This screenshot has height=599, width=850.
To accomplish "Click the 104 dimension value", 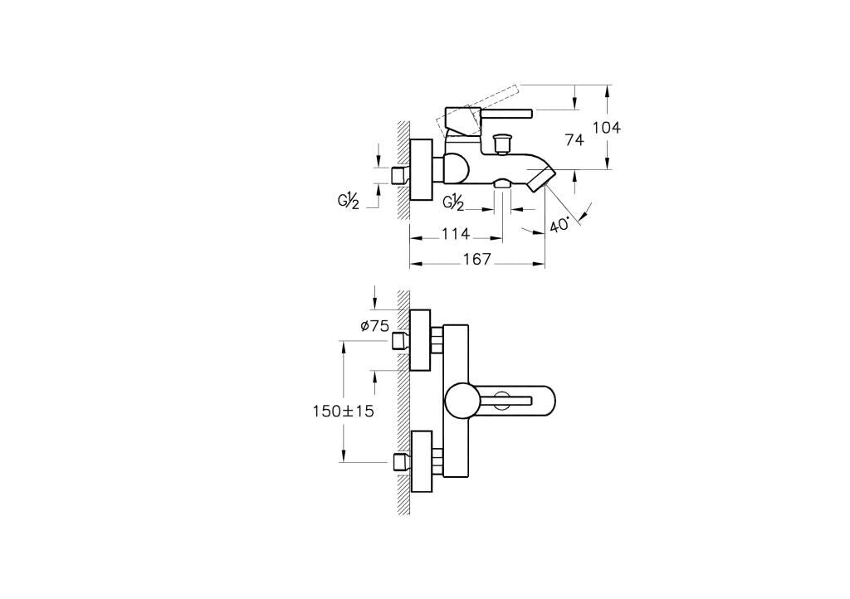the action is pos(606,128).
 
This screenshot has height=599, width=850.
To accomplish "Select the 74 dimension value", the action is pos(574,139).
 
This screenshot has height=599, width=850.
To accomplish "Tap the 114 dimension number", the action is pos(456,234).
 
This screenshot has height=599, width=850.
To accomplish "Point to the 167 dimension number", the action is pos(477,260).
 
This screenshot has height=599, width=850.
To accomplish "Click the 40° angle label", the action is pos(560,224).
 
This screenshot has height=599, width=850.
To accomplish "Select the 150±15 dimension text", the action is pos(343,411).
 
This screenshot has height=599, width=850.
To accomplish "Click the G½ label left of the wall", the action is pos(349,202).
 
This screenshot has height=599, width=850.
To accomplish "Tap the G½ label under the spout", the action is pos(453,202).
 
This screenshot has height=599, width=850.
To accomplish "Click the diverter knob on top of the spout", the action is pos(503,144).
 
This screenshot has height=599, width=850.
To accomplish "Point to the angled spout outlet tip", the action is pos(541,178).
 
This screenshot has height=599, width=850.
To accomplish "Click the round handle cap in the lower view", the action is pos(460,401).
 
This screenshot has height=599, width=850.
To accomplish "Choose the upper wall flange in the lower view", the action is pos(420,340).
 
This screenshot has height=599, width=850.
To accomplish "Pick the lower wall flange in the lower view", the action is pos(422,461).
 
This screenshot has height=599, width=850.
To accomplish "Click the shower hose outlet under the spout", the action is pos(502,184).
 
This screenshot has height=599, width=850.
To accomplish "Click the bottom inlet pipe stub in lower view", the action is pos(401,461).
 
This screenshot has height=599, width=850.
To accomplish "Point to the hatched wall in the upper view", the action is pos(403,171).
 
